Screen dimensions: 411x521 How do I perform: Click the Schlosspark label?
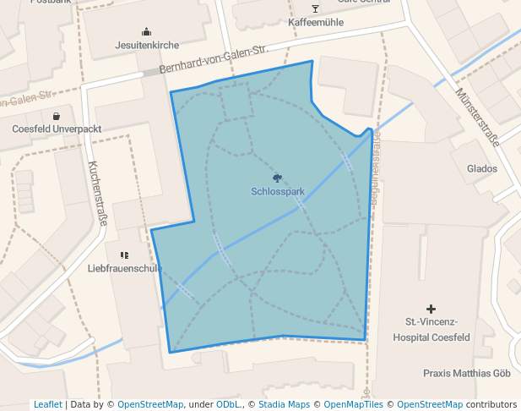pos(277,192)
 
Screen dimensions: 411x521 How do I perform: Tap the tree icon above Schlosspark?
pos(277,178)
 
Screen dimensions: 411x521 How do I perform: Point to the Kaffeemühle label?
pos(316,23)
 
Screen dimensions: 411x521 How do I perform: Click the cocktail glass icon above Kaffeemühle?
pos(316,8)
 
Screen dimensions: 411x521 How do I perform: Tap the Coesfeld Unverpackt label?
pos(57,129)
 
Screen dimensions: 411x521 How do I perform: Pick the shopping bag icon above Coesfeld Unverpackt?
pos(57,116)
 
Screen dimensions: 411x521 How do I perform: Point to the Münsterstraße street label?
pos(477,116)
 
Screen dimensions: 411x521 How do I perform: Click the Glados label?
pos(482,168)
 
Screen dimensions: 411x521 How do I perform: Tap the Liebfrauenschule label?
pos(125,268)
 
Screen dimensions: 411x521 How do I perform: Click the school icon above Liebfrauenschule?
pos(125,255)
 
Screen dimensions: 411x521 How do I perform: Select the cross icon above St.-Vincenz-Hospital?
pos(431,310)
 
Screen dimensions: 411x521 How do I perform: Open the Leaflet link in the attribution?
pos(47,404)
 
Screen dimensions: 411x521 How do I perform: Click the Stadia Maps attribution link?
pos(283,404)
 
